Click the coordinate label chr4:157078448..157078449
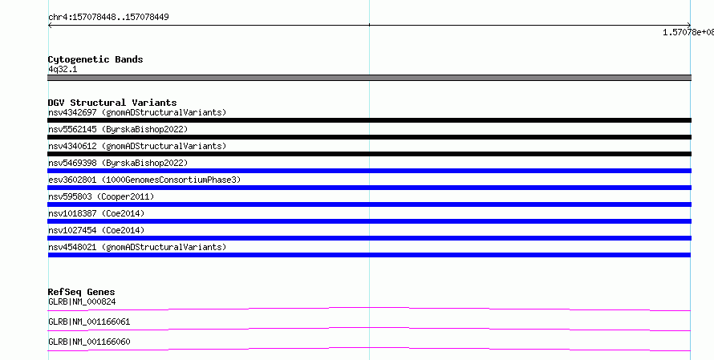tap(108, 18)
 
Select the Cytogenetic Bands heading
tap(95, 59)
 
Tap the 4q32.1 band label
tap(63, 69)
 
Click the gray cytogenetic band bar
tap(369, 78)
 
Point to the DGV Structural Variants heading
tap(112, 103)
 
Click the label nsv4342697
tap(72, 112)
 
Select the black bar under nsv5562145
tap(369, 137)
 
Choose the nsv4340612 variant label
tap(72, 146)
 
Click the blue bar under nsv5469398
tap(369, 171)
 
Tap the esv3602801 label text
tap(72, 180)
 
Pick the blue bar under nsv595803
tap(369, 204)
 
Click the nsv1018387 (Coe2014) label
tap(96, 213)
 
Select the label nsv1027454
tap(72, 230)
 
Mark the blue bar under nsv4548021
tap(369, 255)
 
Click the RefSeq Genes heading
tap(81, 292)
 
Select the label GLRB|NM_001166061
tap(89, 322)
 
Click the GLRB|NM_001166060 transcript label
tap(89, 342)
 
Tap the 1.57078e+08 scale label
tap(688, 32)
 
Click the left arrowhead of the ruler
tap(50, 26)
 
